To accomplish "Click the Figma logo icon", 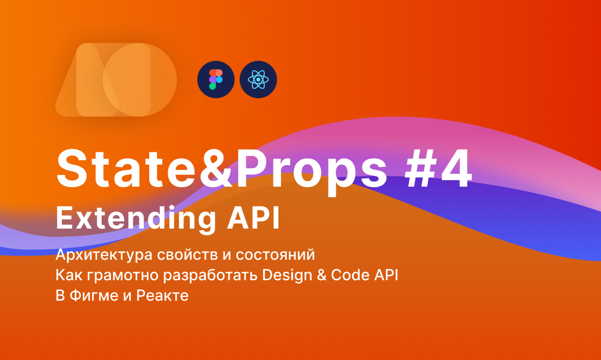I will [x=216, y=79].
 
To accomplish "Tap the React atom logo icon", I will [x=258, y=79].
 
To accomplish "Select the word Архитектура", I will [x=99, y=254].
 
